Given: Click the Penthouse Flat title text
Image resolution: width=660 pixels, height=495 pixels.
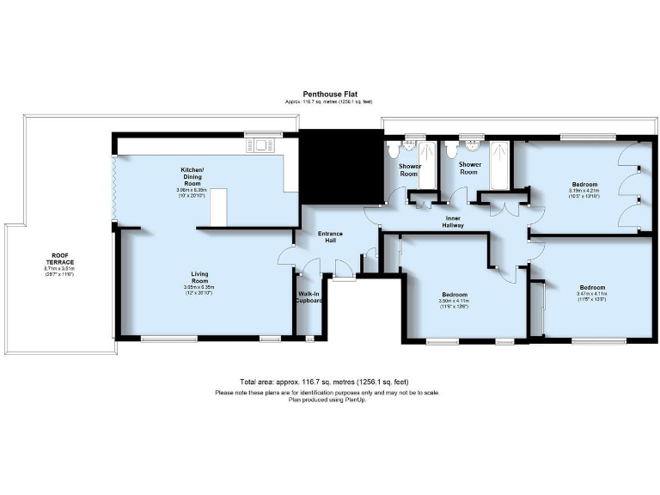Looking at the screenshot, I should click(329, 94).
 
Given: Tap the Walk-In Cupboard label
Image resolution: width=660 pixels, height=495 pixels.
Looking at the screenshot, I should click(309, 297).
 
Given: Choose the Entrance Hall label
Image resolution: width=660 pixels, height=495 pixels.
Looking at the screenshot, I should click(331, 235).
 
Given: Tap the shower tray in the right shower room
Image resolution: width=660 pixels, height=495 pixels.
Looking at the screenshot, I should click(501, 163).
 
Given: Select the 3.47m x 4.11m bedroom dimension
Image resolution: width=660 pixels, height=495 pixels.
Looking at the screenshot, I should click(592, 294).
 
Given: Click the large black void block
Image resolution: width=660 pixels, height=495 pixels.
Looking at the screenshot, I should click(340, 166).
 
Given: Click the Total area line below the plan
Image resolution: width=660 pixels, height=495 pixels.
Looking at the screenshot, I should click(329, 382).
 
